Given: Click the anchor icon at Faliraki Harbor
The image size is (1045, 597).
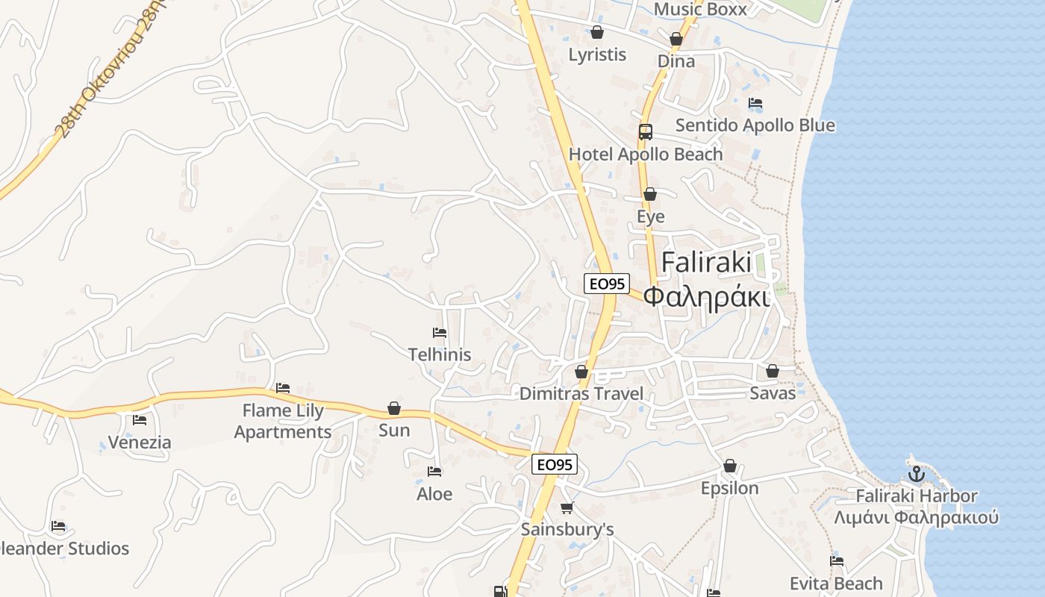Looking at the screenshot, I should [x=916, y=473].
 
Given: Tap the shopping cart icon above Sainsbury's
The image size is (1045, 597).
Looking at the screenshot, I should [x=567, y=508].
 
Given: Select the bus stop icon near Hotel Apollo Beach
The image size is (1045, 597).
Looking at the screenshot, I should [x=646, y=132].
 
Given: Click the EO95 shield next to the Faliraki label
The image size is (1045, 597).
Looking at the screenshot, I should [x=606, y=284].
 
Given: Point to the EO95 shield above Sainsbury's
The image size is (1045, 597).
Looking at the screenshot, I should [x=555, y=464].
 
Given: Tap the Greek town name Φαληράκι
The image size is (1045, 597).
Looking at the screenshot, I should [x=706, y=296].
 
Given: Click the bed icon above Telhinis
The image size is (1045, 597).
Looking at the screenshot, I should [x=440, y=333].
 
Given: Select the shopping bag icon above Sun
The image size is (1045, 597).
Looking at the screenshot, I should [x=394, y=408].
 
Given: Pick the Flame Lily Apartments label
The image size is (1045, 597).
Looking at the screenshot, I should [x=283, y=421].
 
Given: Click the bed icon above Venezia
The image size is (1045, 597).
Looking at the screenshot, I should [x=140, y=420].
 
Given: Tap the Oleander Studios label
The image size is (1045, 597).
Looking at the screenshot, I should [x=66, y=548].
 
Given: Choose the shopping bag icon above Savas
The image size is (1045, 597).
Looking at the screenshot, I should [x=773, y=371].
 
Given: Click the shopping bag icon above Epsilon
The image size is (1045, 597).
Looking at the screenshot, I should [x=730, y=466].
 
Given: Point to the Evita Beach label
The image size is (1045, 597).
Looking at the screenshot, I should [x=836, y=583].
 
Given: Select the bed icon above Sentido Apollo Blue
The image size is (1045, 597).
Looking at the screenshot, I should [x=755, y=103].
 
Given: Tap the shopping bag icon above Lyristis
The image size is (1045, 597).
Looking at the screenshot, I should [x=597, y=32].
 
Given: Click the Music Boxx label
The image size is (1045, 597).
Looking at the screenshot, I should [x=699, y=10].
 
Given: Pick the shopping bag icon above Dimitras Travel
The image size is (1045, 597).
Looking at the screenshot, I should [x=581, y=372].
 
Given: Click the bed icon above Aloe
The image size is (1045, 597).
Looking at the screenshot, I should [x=434, y=472].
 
